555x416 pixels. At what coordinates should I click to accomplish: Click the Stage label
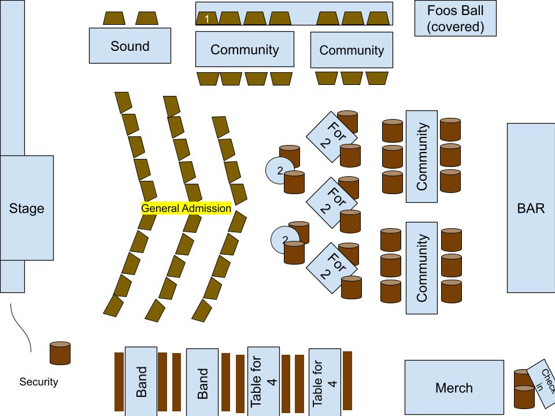pyautogui.click(x=27, y=208)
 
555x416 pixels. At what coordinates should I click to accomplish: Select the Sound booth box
pyautogui.click(x=129, y=46)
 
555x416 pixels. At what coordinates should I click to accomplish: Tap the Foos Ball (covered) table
pyautogui.click(x=455, y=18)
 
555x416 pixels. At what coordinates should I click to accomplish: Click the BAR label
pyautogui.click(x=531, y=208)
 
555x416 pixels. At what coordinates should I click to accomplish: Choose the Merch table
pyautogui.click(x=454, y=388)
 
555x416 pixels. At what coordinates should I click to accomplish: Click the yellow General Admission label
pyautogui.click(x=186, y=209)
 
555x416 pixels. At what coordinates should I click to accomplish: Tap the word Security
pyautogui.click(x=39, y=382)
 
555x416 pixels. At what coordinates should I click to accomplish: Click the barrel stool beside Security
pyautogui.click(x=60, y=353)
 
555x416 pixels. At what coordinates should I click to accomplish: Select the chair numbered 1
pyautogui.click(x=207, y=19)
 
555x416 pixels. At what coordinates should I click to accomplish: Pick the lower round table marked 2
pyautogui.click(x=284, y=239)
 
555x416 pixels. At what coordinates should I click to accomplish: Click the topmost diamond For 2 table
pyautogui.click(x=330, y=137)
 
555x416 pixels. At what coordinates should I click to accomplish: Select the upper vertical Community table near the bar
pyautogui.click(x=421, y=157)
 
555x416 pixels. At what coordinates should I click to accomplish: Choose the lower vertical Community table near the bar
pyautogui.click(x=421, y=268)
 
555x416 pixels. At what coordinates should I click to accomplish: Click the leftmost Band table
pyautogui.click(x=141, y=381)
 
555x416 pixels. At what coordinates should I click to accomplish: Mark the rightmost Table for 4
pyautogui.click(x=324, y=382)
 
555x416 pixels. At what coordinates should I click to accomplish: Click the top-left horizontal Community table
pyautogui.click(x=245, y=50)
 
